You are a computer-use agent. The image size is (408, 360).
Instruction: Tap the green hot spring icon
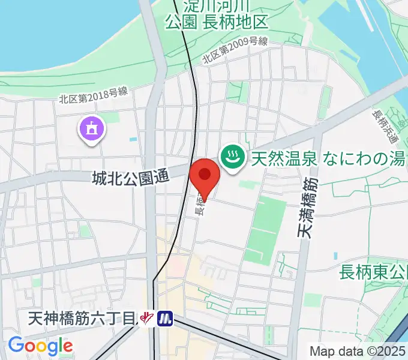click(230, 157)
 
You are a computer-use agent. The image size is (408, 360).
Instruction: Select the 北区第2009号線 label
click(235, 50)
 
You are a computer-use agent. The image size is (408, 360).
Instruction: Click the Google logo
click(40, 346)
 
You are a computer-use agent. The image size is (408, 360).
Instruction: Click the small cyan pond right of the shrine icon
click(133, 139)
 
